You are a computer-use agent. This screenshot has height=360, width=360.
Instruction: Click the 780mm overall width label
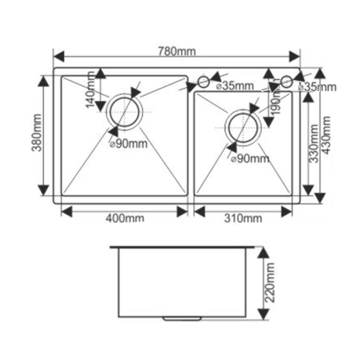(176, 51)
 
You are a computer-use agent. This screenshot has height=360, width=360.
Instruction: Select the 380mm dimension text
(36, 133)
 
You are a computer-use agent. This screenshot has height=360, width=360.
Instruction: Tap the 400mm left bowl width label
(125, 218)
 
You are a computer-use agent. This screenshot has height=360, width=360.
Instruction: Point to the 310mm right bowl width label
(243, 218)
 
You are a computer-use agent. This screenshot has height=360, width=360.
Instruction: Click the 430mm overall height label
(325, 135)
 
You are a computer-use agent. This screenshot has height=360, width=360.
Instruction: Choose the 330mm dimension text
(314, 144)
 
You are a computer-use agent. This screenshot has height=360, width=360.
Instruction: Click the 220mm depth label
(270, 282)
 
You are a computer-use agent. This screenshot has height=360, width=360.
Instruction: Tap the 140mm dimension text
(91, 89)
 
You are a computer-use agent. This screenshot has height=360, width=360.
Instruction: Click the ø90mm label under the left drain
(129, 144)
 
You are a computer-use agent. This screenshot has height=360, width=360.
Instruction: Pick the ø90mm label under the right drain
(250, 158)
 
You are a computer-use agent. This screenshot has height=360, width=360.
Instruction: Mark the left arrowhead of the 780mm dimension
(59, 56)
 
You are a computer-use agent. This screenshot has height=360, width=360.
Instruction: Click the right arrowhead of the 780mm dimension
(294, 56)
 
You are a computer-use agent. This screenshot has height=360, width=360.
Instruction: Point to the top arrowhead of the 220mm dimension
(264, 253)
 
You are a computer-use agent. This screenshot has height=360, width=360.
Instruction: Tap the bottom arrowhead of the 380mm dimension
(43, 190)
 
